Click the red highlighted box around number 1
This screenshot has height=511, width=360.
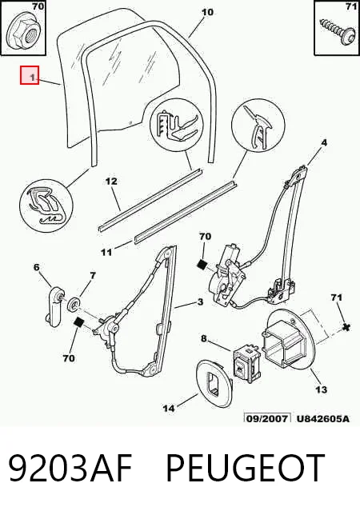(x=30, y=75)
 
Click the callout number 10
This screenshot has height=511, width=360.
(x=208, y=13)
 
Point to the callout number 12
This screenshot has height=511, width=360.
(x=111, y=181)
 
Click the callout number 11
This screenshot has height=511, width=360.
(x=106, y=252)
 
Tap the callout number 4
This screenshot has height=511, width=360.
(x=324, y=142)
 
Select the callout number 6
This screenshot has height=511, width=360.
(x=37, y=267)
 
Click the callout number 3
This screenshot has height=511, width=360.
(x=200, y=302)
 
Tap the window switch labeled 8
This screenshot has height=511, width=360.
(x=246, y=365)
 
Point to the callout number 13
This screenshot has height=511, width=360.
(x=322, y=389)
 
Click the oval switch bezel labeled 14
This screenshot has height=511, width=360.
(x=214, y=383)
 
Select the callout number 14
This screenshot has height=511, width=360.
(x=169, y=408)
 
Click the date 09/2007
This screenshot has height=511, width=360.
(x=267, y=418)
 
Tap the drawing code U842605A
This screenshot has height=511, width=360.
(x=323, y=418)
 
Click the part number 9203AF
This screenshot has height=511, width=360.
(x=70, y=468)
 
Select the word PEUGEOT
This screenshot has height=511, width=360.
(x=246, y=468)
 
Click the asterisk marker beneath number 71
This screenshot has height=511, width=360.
(x=346, y=326)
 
